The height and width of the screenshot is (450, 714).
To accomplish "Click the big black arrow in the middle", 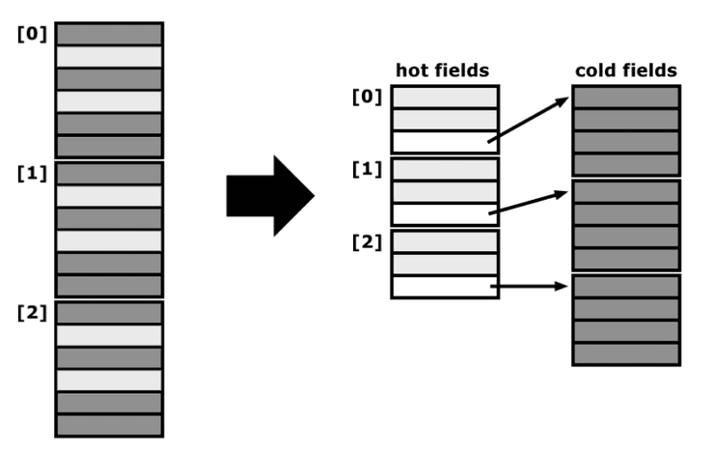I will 268,196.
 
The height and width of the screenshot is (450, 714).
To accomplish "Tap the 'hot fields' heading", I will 443,70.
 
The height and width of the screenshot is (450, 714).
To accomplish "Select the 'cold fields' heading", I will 625,70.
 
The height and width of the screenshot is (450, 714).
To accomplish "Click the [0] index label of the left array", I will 32,34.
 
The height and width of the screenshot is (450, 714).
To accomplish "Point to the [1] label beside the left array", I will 32,174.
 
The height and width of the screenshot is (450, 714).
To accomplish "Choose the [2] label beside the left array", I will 32,313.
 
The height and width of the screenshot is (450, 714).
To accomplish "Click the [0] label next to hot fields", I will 367,97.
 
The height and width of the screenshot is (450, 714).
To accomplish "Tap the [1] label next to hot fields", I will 367,170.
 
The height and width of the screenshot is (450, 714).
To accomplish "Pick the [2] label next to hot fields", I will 367,241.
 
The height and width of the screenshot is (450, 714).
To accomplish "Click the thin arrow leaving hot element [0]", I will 528,120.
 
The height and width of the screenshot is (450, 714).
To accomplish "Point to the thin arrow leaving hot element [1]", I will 528,203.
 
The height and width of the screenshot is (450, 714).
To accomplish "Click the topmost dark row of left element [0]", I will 108,34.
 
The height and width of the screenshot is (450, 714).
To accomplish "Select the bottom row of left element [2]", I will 108,425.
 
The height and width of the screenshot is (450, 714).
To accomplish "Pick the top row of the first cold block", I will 625,97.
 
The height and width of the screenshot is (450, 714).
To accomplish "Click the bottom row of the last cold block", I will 625,353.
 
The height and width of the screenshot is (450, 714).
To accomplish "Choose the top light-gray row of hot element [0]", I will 444,97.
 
